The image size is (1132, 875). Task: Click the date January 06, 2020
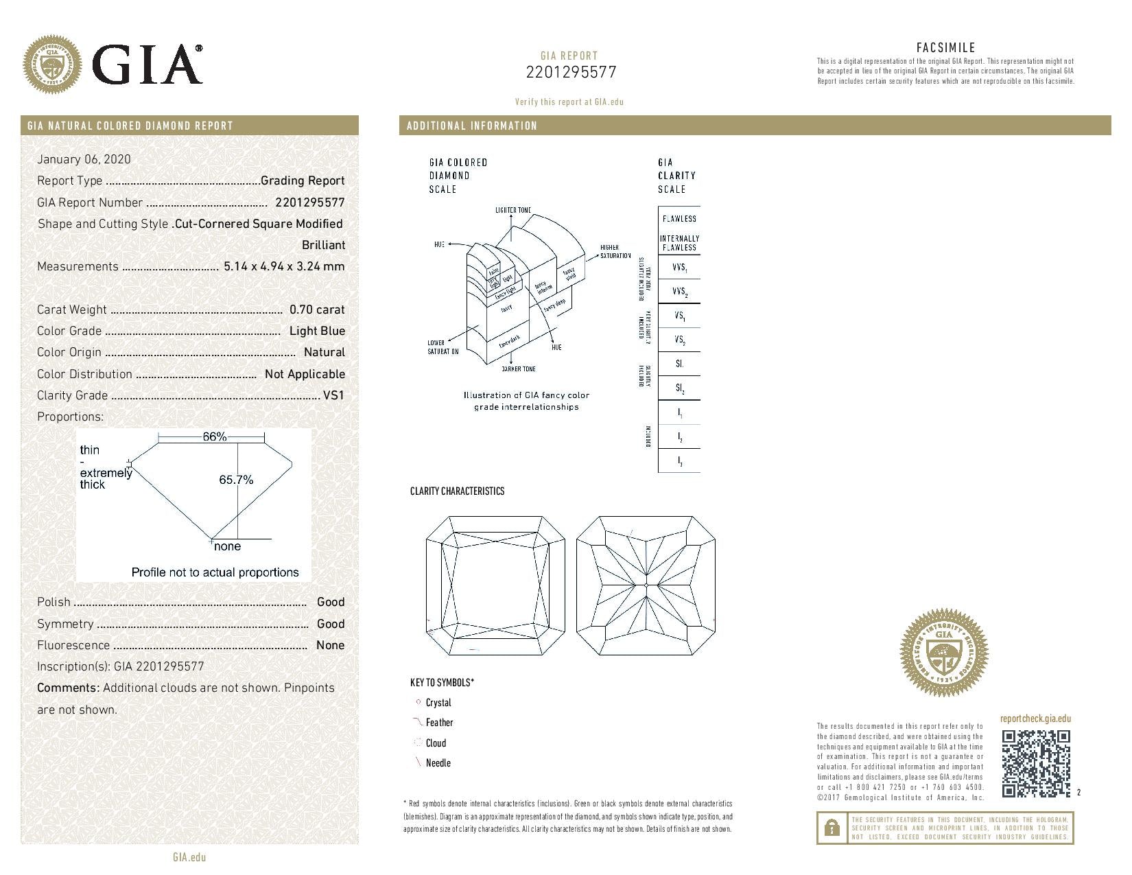pos(84,159)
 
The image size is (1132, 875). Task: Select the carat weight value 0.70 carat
pos(317,310)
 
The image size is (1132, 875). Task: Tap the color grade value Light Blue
pos(317,331)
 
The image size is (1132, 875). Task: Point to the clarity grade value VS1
pos(333,395)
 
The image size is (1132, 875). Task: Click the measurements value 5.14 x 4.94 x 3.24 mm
pos(284,266)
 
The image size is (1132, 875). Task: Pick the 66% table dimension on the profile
pos(214,436)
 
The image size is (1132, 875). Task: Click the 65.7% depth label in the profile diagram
pos(236,480)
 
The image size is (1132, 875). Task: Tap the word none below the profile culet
pos(227,546)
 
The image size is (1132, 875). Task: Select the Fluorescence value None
pos(330,645)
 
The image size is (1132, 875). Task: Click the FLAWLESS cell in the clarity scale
pos(679,218)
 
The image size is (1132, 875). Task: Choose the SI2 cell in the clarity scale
pos(679,388)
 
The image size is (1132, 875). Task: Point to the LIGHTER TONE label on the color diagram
pos(512,210)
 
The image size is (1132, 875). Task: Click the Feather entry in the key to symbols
pos(439,723)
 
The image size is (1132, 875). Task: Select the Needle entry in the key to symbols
pos(438,763)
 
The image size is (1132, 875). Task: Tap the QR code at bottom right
pos(1035,764)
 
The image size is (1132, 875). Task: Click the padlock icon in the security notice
pos(832,828)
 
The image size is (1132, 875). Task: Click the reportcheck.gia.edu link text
pos(1035,719)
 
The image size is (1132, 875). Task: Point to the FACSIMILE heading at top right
pos(945,47)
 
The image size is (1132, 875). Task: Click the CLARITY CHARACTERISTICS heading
pos(457,491)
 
